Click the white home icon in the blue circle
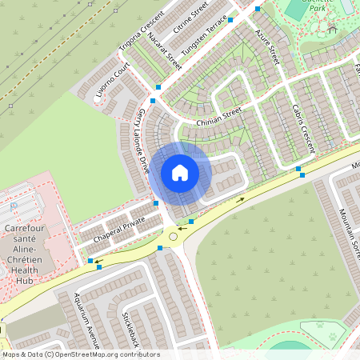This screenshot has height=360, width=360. tap(180, 173)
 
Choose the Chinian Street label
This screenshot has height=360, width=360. tap(218, 118)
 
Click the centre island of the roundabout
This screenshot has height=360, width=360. tap(173, 237)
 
